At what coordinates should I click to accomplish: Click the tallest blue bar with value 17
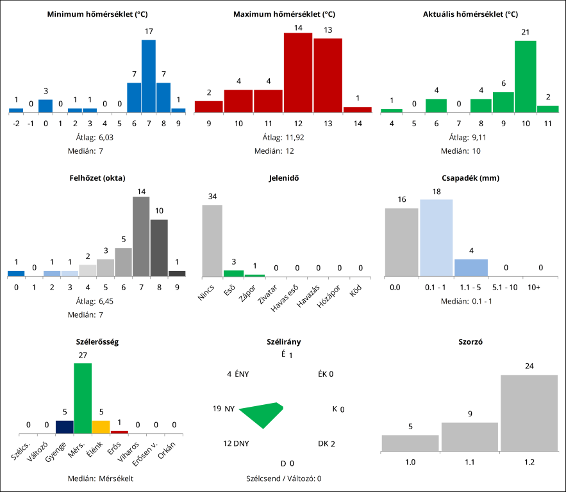149,76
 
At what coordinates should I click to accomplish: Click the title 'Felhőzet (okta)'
97,177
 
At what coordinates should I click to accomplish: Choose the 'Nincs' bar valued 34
212,240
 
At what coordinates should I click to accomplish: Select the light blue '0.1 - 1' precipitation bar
437,238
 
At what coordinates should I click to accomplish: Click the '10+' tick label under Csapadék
533,288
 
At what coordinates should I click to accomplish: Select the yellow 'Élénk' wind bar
101,427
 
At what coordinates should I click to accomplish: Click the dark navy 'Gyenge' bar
64,427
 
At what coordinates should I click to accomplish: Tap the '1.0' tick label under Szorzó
410,461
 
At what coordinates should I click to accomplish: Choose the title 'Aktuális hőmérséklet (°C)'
470,14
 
